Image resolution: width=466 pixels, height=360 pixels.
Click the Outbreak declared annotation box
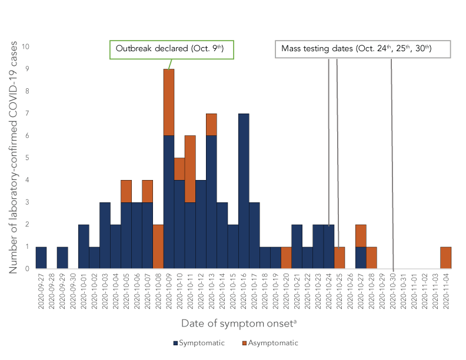coord(172,49)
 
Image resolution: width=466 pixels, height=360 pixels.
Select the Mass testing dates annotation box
coord(362,49)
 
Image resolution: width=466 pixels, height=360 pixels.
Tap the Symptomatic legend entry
coord(199,343)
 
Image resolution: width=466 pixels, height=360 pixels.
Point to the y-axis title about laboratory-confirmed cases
coord(12,158)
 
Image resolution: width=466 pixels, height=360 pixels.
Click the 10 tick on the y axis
coord(26,46)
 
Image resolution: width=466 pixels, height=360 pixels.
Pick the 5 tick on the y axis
coord(26,158)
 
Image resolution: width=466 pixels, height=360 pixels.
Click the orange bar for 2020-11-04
coord(446,258)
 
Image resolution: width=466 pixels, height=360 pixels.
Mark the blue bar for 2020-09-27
coord(41,258)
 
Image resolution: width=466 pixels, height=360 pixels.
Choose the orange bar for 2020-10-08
coord(158,246)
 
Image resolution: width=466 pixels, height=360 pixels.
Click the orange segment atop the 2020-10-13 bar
coord(212,124)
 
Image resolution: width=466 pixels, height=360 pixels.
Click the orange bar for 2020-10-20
coord(286,258)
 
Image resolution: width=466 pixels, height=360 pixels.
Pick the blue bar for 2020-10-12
coord(201,224)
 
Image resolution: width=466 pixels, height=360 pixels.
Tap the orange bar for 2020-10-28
coord(371,258)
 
